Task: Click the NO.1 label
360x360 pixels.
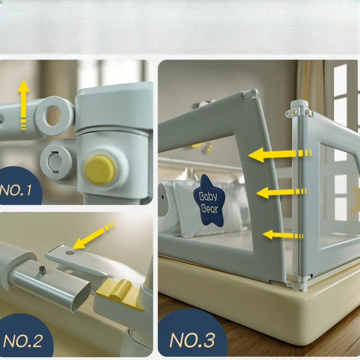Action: (x=16, y=190)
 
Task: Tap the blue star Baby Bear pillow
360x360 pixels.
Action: (x=209, y=200)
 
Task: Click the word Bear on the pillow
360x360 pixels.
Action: (x=209, y=209)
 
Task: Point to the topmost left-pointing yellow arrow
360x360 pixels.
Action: (x=279, y=154)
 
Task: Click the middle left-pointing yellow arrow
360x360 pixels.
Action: (x=281, y=193)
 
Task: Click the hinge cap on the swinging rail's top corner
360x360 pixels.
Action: (x=249, y=94)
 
